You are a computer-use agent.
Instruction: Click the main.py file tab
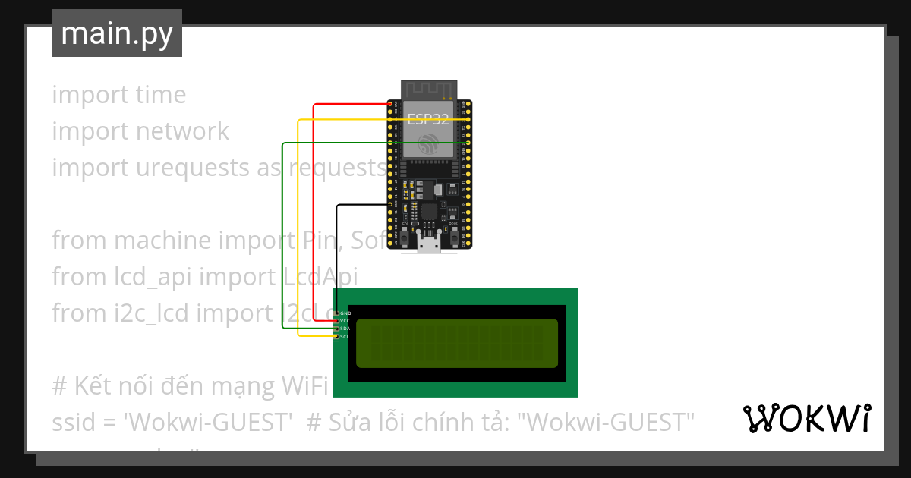click(117, 33)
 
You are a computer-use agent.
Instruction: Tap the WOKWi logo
click(806, 418)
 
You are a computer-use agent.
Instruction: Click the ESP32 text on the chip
click(428, 119)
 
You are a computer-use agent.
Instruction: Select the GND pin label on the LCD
click(345, 313)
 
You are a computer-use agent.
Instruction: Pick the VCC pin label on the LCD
click(345, 321)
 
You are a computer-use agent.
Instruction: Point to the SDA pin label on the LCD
click(345, 329)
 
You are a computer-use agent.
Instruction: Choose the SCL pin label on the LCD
click(345, 337)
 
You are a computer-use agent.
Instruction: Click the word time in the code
click(161, 95)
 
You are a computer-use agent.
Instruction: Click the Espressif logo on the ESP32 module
click(428, 143)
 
